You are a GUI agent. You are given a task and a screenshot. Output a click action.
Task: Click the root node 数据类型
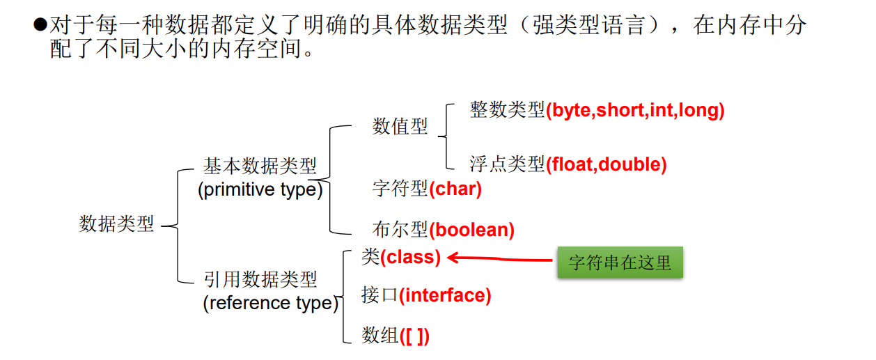coord(116,224)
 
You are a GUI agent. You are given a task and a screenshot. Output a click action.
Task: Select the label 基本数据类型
coord(260,166)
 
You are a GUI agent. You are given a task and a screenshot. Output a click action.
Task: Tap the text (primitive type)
coord(260,189)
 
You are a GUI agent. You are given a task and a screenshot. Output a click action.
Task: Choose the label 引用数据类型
coord(260,280)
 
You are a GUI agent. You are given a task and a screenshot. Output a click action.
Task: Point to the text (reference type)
coord(270,303)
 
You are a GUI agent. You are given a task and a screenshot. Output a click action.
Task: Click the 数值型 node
coord(400,127)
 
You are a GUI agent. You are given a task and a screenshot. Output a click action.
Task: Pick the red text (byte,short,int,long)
coord(635,110)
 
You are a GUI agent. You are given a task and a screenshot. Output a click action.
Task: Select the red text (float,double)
coord(606,164)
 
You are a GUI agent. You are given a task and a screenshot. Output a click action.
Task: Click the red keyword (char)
coord(455,188)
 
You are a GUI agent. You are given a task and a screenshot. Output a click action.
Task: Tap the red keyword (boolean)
coord(471,229)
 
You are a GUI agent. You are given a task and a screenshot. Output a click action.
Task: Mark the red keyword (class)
coord(410,257)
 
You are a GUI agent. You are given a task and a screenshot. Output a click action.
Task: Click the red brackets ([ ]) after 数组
coord(414,336)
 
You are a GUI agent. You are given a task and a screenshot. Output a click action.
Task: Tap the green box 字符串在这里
coord(620,263)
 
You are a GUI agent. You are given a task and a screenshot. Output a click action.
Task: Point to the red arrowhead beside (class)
coord(453,258)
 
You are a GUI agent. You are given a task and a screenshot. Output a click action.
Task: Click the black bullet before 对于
coord(40,25)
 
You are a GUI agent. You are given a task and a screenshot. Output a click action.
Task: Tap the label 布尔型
coord(400,229)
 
